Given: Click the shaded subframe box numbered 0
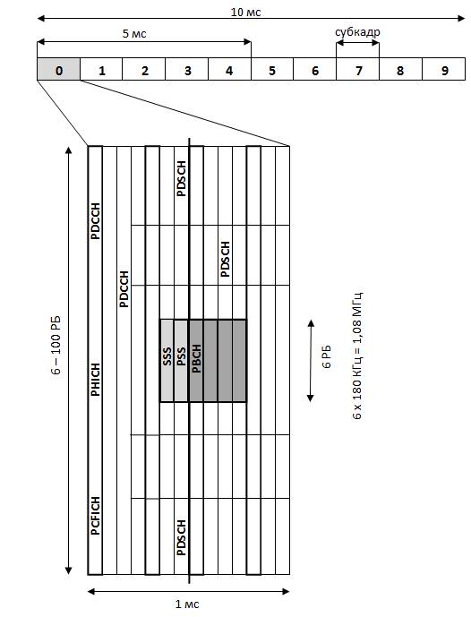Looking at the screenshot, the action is point(58,69).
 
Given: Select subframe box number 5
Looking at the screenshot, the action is point(272,69).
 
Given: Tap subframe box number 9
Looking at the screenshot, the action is point(443,69).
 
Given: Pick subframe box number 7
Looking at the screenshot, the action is point(357,69).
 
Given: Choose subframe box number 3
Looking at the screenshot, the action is point(187,69).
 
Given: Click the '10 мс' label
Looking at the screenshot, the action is point(245,12).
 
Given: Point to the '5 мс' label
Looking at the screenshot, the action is point(134,33).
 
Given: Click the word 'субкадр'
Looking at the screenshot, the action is point(357,32).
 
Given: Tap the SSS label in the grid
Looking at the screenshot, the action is point(167,356).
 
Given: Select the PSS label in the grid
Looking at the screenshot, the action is point(181,356).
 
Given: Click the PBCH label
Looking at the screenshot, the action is point(196,358).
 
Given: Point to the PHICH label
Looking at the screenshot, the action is point(95,380).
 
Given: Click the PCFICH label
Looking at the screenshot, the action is point(95,516).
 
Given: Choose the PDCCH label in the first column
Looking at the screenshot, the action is point(95,221).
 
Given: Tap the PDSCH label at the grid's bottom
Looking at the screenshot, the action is point(181,537).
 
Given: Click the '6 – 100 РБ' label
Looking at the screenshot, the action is point(56,345).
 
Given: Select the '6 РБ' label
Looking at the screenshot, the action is point(327,356).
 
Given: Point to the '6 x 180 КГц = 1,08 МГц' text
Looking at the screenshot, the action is point(357,356).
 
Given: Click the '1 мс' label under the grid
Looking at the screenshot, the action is point(187,604).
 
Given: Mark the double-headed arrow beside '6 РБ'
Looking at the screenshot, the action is point(311,361).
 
